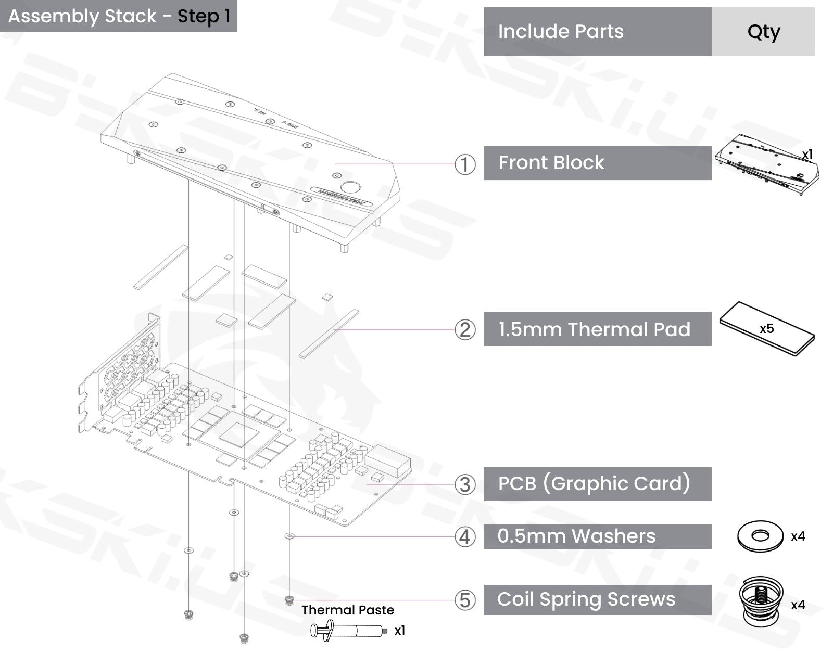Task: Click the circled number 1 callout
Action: pyautogui.click(x=465, y=164)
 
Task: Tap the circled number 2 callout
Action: pyautogui.click(x=465, y=330)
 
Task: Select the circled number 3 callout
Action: pyautogui.click(x=465, y=484)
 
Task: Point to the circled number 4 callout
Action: pyautogui.click(x=465, y=536)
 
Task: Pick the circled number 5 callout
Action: pyautogui.click(x=465, y=600)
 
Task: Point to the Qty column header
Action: pyautogui.click(x=763, y=32)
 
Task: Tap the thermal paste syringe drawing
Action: pyautogui.click(x=348, y=631)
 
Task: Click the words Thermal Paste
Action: pyautogui.click(x=348, y=610)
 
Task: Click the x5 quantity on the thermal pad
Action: pyautogui.click(x=766, y=329)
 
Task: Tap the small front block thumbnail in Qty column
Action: pyautogui.click(x=766, y=165)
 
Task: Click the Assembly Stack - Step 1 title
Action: pyautogui.click(x=119, y=16)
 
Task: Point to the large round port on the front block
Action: pyautogui.click(x=350, y=187)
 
